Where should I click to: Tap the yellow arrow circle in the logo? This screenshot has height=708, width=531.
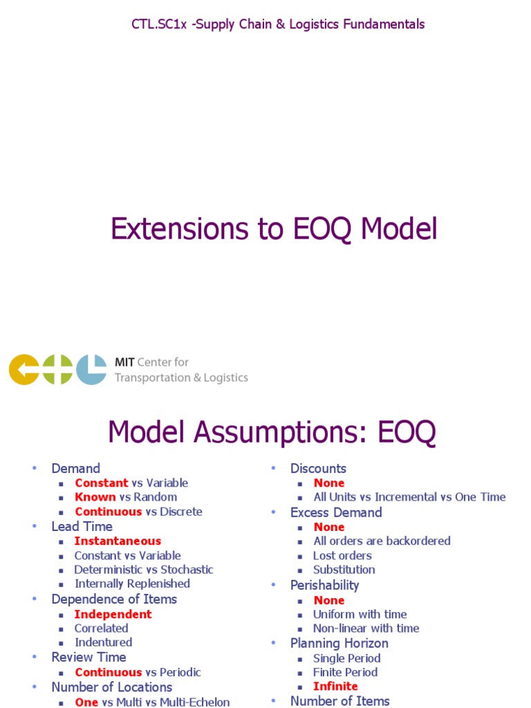[24, 370]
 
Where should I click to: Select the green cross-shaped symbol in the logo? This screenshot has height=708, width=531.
[58, 370]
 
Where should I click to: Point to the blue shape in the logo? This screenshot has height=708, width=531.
[91, 370]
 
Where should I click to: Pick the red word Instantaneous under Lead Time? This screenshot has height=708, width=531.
[118, 541]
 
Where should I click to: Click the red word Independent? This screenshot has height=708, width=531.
[113, 614]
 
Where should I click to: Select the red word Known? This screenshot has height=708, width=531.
[95, 497]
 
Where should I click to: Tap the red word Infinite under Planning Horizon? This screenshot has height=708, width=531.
[335, 687]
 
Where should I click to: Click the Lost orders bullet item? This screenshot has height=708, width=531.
[342, 555]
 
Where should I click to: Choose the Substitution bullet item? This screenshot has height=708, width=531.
[344, 570]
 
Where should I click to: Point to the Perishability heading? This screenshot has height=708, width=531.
[325, 585]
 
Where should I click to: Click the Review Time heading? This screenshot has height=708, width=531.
[88, 657]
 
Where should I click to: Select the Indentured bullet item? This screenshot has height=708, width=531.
[103, 642]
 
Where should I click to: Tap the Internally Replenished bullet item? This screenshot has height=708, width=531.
[132, 584]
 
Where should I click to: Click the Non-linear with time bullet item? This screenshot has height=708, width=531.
[366, 628]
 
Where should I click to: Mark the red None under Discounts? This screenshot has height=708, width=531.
[328, 483]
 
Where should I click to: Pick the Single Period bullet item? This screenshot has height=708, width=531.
[346, 658]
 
